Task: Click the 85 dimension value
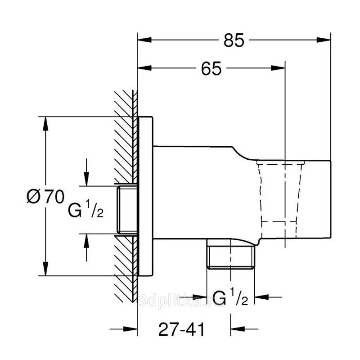tap(234, 40)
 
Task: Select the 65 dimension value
tap(211, 68)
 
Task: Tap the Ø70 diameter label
tap(45, 197)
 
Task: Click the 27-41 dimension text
tap(181, 329)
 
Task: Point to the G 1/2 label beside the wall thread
tap(85, 208)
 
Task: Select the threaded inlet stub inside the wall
tap(127, 210)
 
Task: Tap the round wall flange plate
tap(145, 196)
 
